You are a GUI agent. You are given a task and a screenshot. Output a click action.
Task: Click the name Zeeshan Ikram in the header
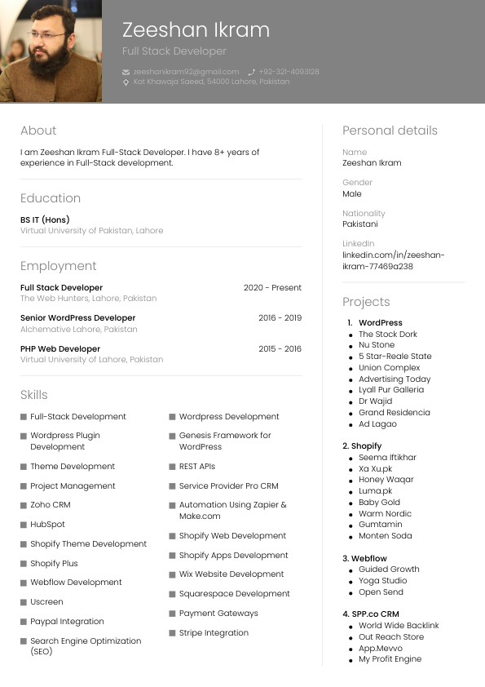[196, 30]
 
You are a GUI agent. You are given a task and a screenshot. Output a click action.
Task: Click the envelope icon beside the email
[126, 72]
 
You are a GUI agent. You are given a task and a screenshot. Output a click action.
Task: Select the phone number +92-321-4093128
[289, 72]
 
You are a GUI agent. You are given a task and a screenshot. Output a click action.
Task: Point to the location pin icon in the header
[126, 82]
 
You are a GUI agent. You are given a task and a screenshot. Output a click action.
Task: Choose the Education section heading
[51, 198]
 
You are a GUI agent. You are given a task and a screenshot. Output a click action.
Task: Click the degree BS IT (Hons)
[45, 219]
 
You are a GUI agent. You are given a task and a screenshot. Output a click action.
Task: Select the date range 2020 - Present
[272, 288]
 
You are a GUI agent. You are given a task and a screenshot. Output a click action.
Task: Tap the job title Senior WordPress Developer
[77, 318]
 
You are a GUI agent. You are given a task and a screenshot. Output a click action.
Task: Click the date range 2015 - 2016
[280, 349]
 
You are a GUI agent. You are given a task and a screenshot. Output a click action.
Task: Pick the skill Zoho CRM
[51, 505]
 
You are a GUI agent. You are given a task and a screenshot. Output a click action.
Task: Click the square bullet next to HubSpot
[24, 525]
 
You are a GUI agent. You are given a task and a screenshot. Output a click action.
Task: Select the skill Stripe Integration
[214, 633]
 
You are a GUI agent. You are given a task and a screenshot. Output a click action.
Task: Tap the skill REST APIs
[197, 467]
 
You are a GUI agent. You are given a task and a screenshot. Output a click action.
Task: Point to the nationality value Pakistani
[360, 224]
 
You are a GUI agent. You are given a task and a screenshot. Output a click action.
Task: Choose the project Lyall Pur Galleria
[391, 390]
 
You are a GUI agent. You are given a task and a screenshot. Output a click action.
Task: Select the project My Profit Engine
[390, 659]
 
